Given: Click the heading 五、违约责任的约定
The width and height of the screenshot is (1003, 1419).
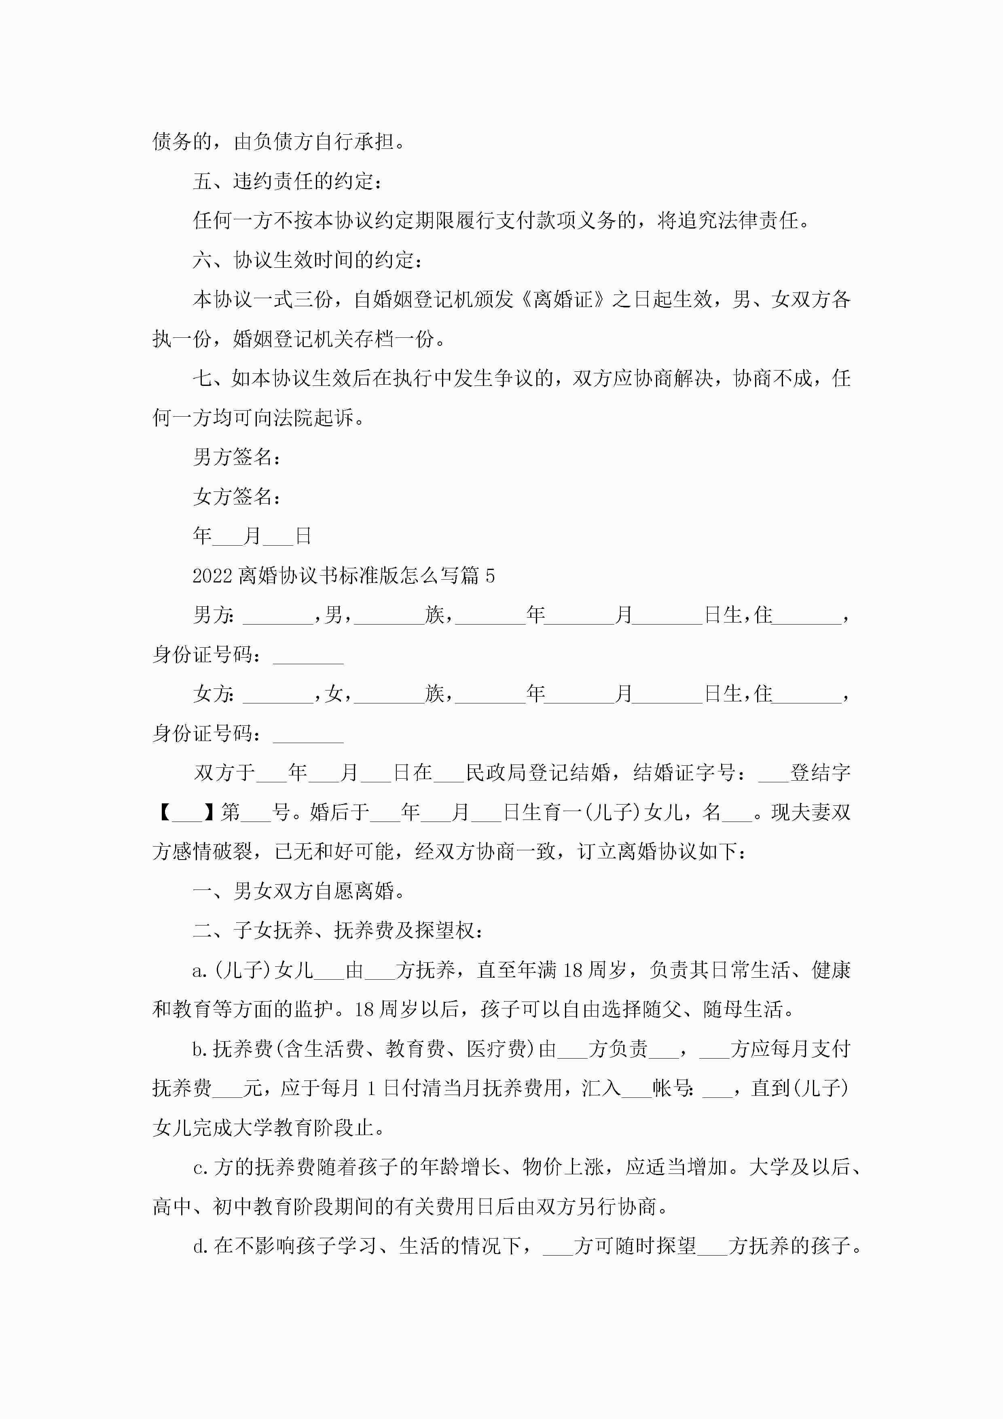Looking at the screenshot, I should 288,181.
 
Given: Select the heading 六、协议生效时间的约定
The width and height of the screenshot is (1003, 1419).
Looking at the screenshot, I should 308,260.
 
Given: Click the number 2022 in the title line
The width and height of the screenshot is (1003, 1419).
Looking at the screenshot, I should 212,576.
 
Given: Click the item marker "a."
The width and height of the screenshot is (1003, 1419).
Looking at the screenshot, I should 200,970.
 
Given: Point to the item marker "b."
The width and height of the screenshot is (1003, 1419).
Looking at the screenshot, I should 200,1049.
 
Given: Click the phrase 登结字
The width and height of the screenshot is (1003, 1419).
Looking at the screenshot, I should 821,773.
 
